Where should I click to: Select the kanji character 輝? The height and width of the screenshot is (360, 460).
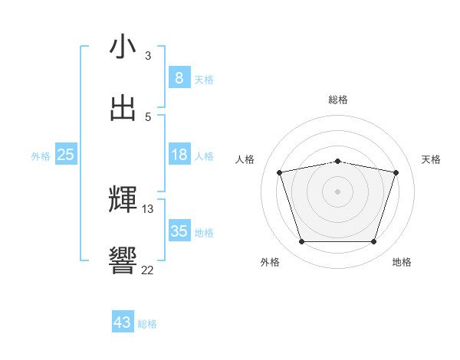point(123,200)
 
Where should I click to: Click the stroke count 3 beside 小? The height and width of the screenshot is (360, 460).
point(148,55)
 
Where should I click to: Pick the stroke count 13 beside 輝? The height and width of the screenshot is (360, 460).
point(148,208)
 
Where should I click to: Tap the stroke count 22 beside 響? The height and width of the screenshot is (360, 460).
point(148,270)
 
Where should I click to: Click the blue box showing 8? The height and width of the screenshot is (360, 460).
point(179,77)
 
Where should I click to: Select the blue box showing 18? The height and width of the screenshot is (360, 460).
point(179,154)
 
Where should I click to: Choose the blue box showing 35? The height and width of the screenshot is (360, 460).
point(179,231)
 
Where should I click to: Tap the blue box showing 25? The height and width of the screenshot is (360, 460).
point(66,154)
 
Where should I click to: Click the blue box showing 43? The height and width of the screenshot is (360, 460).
point(123,322)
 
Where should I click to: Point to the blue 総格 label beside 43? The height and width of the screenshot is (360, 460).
point(147,324)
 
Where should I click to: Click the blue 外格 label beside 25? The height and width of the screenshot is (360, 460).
point(41,156)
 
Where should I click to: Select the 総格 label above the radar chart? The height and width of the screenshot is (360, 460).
point(338,100)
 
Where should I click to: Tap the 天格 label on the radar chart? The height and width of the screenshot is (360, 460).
point(432,159)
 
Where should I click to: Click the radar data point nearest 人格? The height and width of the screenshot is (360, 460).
point(280,173)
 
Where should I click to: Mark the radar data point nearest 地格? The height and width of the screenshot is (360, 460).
point(373,242)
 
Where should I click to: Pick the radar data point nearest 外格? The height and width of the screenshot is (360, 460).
point(301,242)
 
